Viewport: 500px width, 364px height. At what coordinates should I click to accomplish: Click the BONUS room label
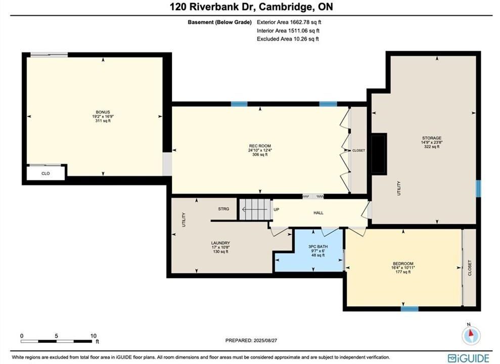[x=103, y=112]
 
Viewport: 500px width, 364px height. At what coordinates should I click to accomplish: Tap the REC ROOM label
[x=260, y=146]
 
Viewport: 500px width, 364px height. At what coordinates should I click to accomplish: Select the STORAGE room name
[x=432, y=139]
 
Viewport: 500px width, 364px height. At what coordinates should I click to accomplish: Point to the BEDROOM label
[x=403, y=264]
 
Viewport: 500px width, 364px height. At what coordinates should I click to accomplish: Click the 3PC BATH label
[x=318, y=247]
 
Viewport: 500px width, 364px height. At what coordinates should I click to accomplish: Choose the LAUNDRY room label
[x=220, y=243]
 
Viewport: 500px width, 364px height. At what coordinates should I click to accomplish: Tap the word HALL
[x=318, y=213]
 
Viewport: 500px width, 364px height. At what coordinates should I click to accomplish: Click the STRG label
[x=223, y=209]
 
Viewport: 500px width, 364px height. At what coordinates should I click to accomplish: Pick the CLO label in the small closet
[x=46, y=173]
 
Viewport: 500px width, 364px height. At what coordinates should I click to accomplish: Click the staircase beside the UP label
[x=255, y=209]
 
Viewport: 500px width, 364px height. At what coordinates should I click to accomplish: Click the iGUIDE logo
[x=468, y=358]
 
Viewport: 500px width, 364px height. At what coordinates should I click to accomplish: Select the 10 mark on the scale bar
[x=93, y=336]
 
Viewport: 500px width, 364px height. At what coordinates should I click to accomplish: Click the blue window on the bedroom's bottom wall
[x=410, y=308]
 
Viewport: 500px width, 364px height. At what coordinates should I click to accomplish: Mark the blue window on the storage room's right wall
[x=478, y=189]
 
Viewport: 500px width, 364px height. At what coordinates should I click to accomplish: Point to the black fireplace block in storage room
[x=379, y=154]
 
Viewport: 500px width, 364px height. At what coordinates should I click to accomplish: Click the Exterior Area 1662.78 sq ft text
[x=289, y=22]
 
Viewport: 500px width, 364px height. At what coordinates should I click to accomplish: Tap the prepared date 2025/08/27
[x=265, y=340]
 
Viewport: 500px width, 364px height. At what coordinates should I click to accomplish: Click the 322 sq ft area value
[x=432, y=147]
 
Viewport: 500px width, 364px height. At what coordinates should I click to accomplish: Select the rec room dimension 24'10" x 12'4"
[x=260, y=150]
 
